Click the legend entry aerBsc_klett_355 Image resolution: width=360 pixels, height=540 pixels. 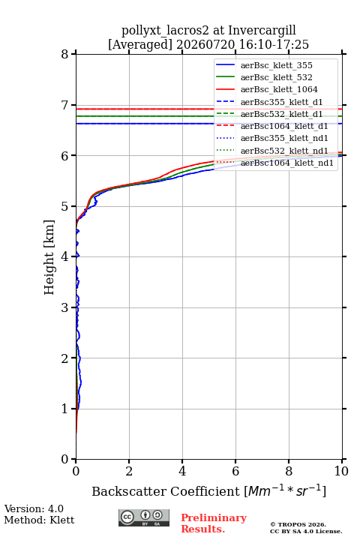click(x=276, y=65)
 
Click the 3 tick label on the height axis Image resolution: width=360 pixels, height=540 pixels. click(x=64, y=307)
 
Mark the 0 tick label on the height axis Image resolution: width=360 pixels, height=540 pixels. click(x=64, y=460)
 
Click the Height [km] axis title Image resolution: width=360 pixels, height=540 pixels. click(x=49, y=257)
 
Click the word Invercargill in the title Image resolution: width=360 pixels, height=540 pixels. click(x=262, y=31)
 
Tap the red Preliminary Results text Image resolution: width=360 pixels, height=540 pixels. click(x=214, y=523)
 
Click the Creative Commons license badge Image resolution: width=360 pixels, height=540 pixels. click(x=144, y=518)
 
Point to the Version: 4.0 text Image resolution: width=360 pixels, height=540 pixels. click(x=34, y=509)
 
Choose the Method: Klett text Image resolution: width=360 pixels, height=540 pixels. click(x=39, y=520)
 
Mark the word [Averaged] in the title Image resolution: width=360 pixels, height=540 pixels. click(x=139, y=45)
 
